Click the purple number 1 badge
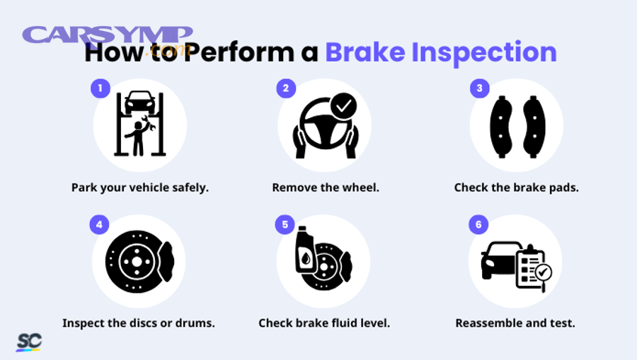tap(101, 88)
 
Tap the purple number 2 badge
tap(286, 88)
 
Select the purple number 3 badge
tap(480, 88)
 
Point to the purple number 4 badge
tap(99, 225)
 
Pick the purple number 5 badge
tap(285, 225)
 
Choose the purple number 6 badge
tap(478, 225)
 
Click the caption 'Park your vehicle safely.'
tap(140, 188)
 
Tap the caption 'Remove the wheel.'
tap(326, 188)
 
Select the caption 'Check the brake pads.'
tap(517, 188)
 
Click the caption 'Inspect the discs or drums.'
tap(139, 323)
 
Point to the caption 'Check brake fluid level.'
tap(324, 323)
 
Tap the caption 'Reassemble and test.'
tap(515, 323)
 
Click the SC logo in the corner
tap(29, 342)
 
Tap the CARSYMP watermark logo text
tap(106, 35)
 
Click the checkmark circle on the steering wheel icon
tap(343, 106)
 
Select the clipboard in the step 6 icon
tap(530, 267)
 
